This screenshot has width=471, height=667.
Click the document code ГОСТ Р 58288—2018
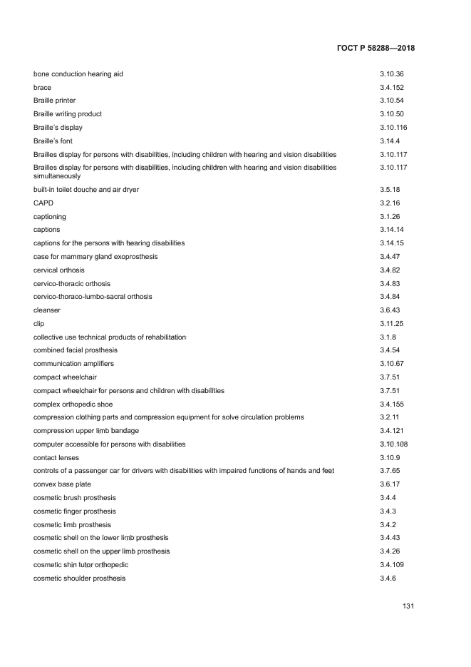click(375, 49)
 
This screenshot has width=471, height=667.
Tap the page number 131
click(408, 606)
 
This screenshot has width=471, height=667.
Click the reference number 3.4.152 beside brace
click(392, 88)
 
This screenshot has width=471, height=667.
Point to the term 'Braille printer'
click(54, 101)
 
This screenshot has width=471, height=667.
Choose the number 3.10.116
click(393, 128)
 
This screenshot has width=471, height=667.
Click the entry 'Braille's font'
click(53, 141)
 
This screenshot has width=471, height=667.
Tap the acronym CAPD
click(43, 203)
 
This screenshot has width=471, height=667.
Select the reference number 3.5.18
click(390, 189)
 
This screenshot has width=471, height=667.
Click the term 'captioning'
click(50, 216)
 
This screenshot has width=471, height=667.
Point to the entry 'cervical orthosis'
click(58, 270)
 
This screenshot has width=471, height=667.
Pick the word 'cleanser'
click(47, 310)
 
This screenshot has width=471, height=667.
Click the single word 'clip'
click(39, 324)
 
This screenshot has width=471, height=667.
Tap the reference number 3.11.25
click(392, 324)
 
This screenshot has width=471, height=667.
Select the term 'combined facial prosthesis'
click(76, 350)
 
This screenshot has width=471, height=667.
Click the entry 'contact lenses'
click(56, 457)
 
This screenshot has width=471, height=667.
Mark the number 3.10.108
click(393, 444)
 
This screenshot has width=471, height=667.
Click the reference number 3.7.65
click(390, 471)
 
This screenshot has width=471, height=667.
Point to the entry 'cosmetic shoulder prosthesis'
click(79, 578)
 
